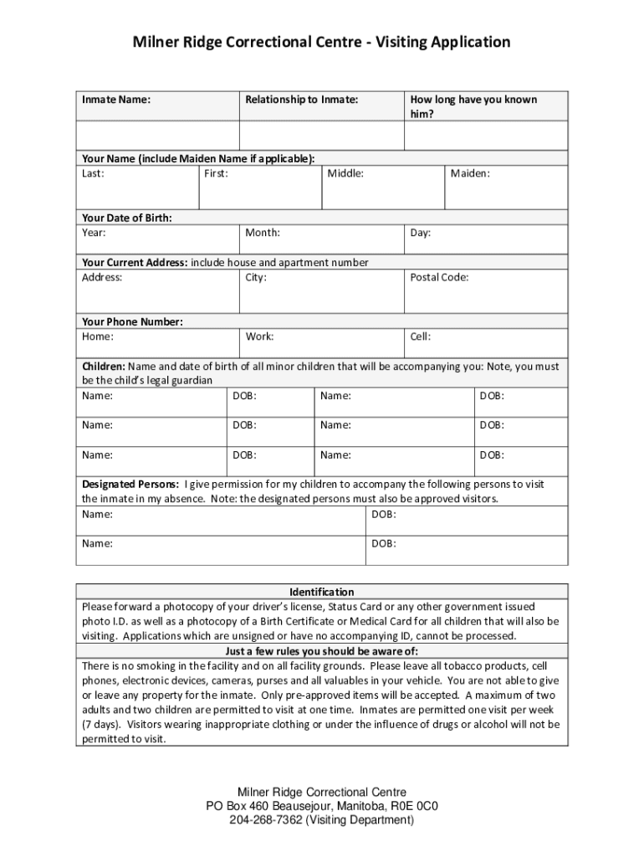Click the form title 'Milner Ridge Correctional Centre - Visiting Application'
coord(322,42)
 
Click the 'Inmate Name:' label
coord(116,100)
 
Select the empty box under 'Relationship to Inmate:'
coord(322,136)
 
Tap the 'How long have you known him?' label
coord(473,106)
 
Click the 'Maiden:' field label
coord(470,173)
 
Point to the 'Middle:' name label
coord(345,173)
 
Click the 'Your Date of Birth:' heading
coord(127,218)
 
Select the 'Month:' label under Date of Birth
coord(263,233)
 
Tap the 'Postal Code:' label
coord(439,277)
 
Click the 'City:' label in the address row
coord(256,277)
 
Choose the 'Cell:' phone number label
coord(420,336)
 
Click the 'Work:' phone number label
coord(259,336)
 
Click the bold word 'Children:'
coord(103,367)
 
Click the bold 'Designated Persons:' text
coord(130,484)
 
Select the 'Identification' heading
coord(322,592)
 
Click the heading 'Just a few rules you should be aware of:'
coord(322,651)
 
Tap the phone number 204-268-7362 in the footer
coord(265,820)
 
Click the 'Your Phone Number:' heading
coord(132,321)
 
